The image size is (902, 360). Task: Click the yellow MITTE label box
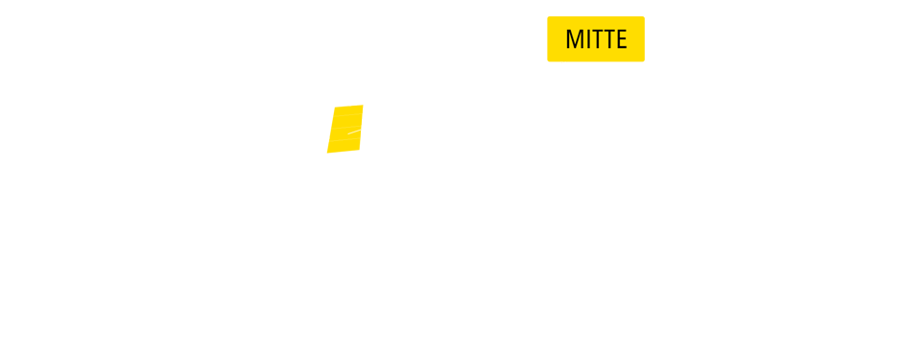point(596,38)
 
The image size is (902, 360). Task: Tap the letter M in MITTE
point(574,39)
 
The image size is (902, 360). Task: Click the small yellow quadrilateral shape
point(345,130)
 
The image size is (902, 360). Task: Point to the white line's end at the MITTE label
point(566,62)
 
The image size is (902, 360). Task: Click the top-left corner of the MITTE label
point(548,16)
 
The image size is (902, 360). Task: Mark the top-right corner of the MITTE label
point(645,16)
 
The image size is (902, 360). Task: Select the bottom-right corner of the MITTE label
point(645,60)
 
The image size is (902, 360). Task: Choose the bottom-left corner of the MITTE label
point(548,60)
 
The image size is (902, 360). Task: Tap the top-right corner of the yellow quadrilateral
point(363,106)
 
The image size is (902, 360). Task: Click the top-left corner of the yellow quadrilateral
point(335,108)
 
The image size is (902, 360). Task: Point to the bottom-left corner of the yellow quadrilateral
point(327,153)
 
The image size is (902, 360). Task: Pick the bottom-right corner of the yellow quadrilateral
point(359,153)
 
